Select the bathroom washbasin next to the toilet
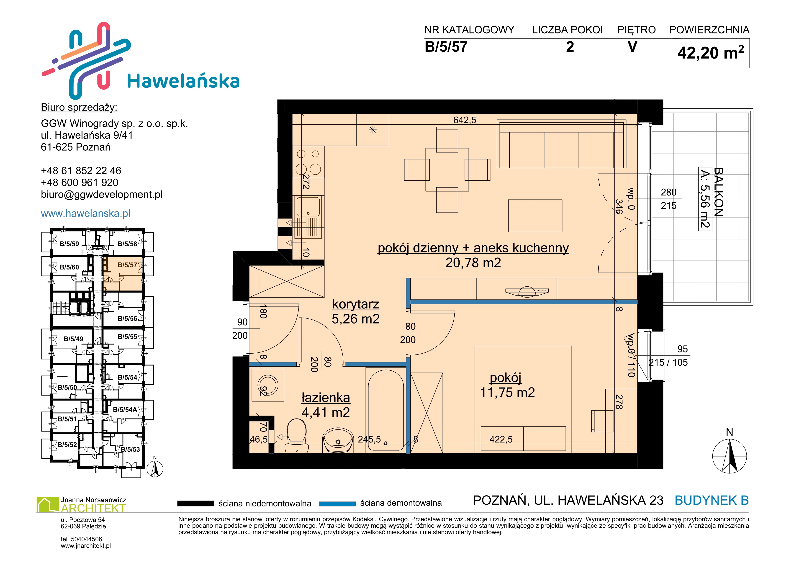point(338,440)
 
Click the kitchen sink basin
point(308,207)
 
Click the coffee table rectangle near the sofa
point(535,216)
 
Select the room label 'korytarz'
point(356,304)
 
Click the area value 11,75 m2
point(507,393)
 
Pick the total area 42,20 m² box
point(711,53)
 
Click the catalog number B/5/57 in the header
point(446,47)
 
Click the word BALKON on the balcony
point(718,192)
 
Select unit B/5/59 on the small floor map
point(69,244)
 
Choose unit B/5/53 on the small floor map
point(130,449)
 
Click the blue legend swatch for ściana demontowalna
point(337,503)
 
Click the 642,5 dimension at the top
point(465,120)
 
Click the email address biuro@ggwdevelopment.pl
point(102,195)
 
